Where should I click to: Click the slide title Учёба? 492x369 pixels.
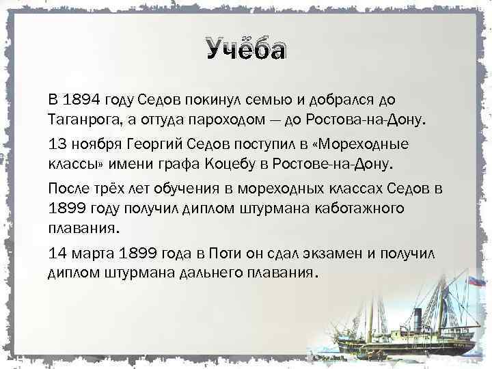(x=246, y=50)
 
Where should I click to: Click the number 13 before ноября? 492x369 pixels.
(x=58, y=145)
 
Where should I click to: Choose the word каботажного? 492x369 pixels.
(x=357, y=207)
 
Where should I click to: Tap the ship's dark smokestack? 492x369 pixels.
(x=416, y=318)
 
